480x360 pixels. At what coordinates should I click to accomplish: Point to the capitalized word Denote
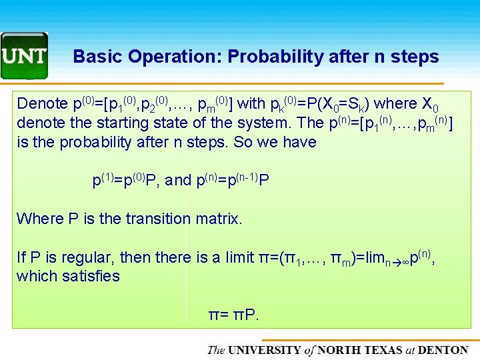coord(42,104)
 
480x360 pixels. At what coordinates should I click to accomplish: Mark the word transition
coord(158,219)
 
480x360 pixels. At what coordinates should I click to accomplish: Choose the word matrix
coord(218,219)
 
